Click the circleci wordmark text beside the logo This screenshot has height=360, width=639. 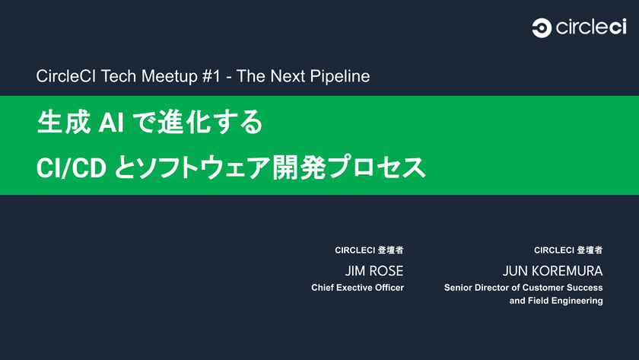tap(591, 28)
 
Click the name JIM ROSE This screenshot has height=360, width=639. tap(374, 271)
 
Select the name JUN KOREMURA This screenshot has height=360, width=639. tap(552, 271)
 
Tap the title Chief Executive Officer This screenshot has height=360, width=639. tap(358, 288)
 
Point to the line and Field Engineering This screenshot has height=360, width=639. tap(556, 301)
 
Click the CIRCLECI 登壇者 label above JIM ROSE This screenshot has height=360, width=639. tap(369, 250)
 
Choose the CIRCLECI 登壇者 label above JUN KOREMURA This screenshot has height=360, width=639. tap(568, 250)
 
